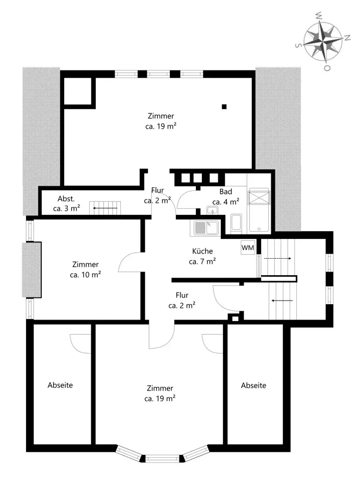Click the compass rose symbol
click(323, 41)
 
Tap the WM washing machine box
click(248, 248)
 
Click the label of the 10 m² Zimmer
click(85, 269)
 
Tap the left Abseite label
click(60, 385)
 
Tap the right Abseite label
click(253, 385)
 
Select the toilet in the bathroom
click(236, 223)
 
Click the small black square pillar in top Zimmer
click(224, 107)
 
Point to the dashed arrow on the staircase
click(277, 258)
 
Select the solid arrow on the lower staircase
click(282, 301)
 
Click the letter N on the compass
click(347, 38)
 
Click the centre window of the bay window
click(162, 459)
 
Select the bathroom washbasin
click(212, 211)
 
